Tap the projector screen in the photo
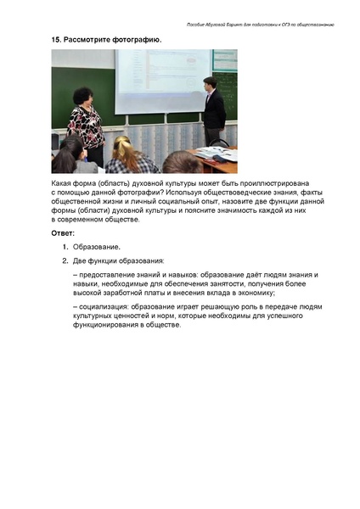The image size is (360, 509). click(161, 81)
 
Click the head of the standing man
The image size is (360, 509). click(209, 82)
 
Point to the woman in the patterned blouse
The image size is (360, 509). click(86, 123)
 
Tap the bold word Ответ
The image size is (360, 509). click(63, 232)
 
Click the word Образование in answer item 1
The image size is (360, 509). click(96, 246)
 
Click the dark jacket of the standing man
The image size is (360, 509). click(214, 110)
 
